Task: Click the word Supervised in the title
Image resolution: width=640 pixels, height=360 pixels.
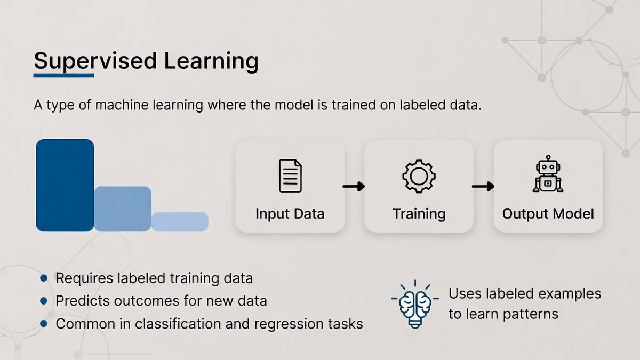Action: tap(95, 61)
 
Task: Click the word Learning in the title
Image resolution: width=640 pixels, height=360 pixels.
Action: tap(211, 61)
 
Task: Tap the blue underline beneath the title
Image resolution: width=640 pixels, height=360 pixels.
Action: tap(63, 75)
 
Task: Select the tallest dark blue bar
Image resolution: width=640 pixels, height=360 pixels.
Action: tap(65, 185)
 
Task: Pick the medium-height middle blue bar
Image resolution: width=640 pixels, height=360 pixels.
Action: tap(123, 209)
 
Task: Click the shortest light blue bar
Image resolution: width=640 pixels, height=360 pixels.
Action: tap(180, 222)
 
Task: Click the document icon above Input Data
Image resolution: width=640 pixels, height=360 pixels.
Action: tap(290, 175)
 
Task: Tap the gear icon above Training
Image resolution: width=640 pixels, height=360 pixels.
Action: tap(419, 177)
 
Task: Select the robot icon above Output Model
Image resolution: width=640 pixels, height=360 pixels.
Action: tap(548, 173)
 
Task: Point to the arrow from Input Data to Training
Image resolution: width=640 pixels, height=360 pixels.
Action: tap(354, 186)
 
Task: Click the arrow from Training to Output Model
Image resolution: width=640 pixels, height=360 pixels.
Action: tap(483, 186)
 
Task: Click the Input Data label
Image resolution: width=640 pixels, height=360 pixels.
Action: tap(290, 214)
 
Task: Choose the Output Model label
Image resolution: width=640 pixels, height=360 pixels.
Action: tap(548, 214)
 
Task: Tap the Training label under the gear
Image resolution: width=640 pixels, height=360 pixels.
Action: tap(419, 214)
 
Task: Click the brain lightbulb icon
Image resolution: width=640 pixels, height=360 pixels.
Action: tap(415, 305)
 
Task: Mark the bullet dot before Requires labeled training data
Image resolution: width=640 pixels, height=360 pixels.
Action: tap(44, 278)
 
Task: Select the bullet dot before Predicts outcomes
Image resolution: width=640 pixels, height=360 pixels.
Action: tap(44, 301)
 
